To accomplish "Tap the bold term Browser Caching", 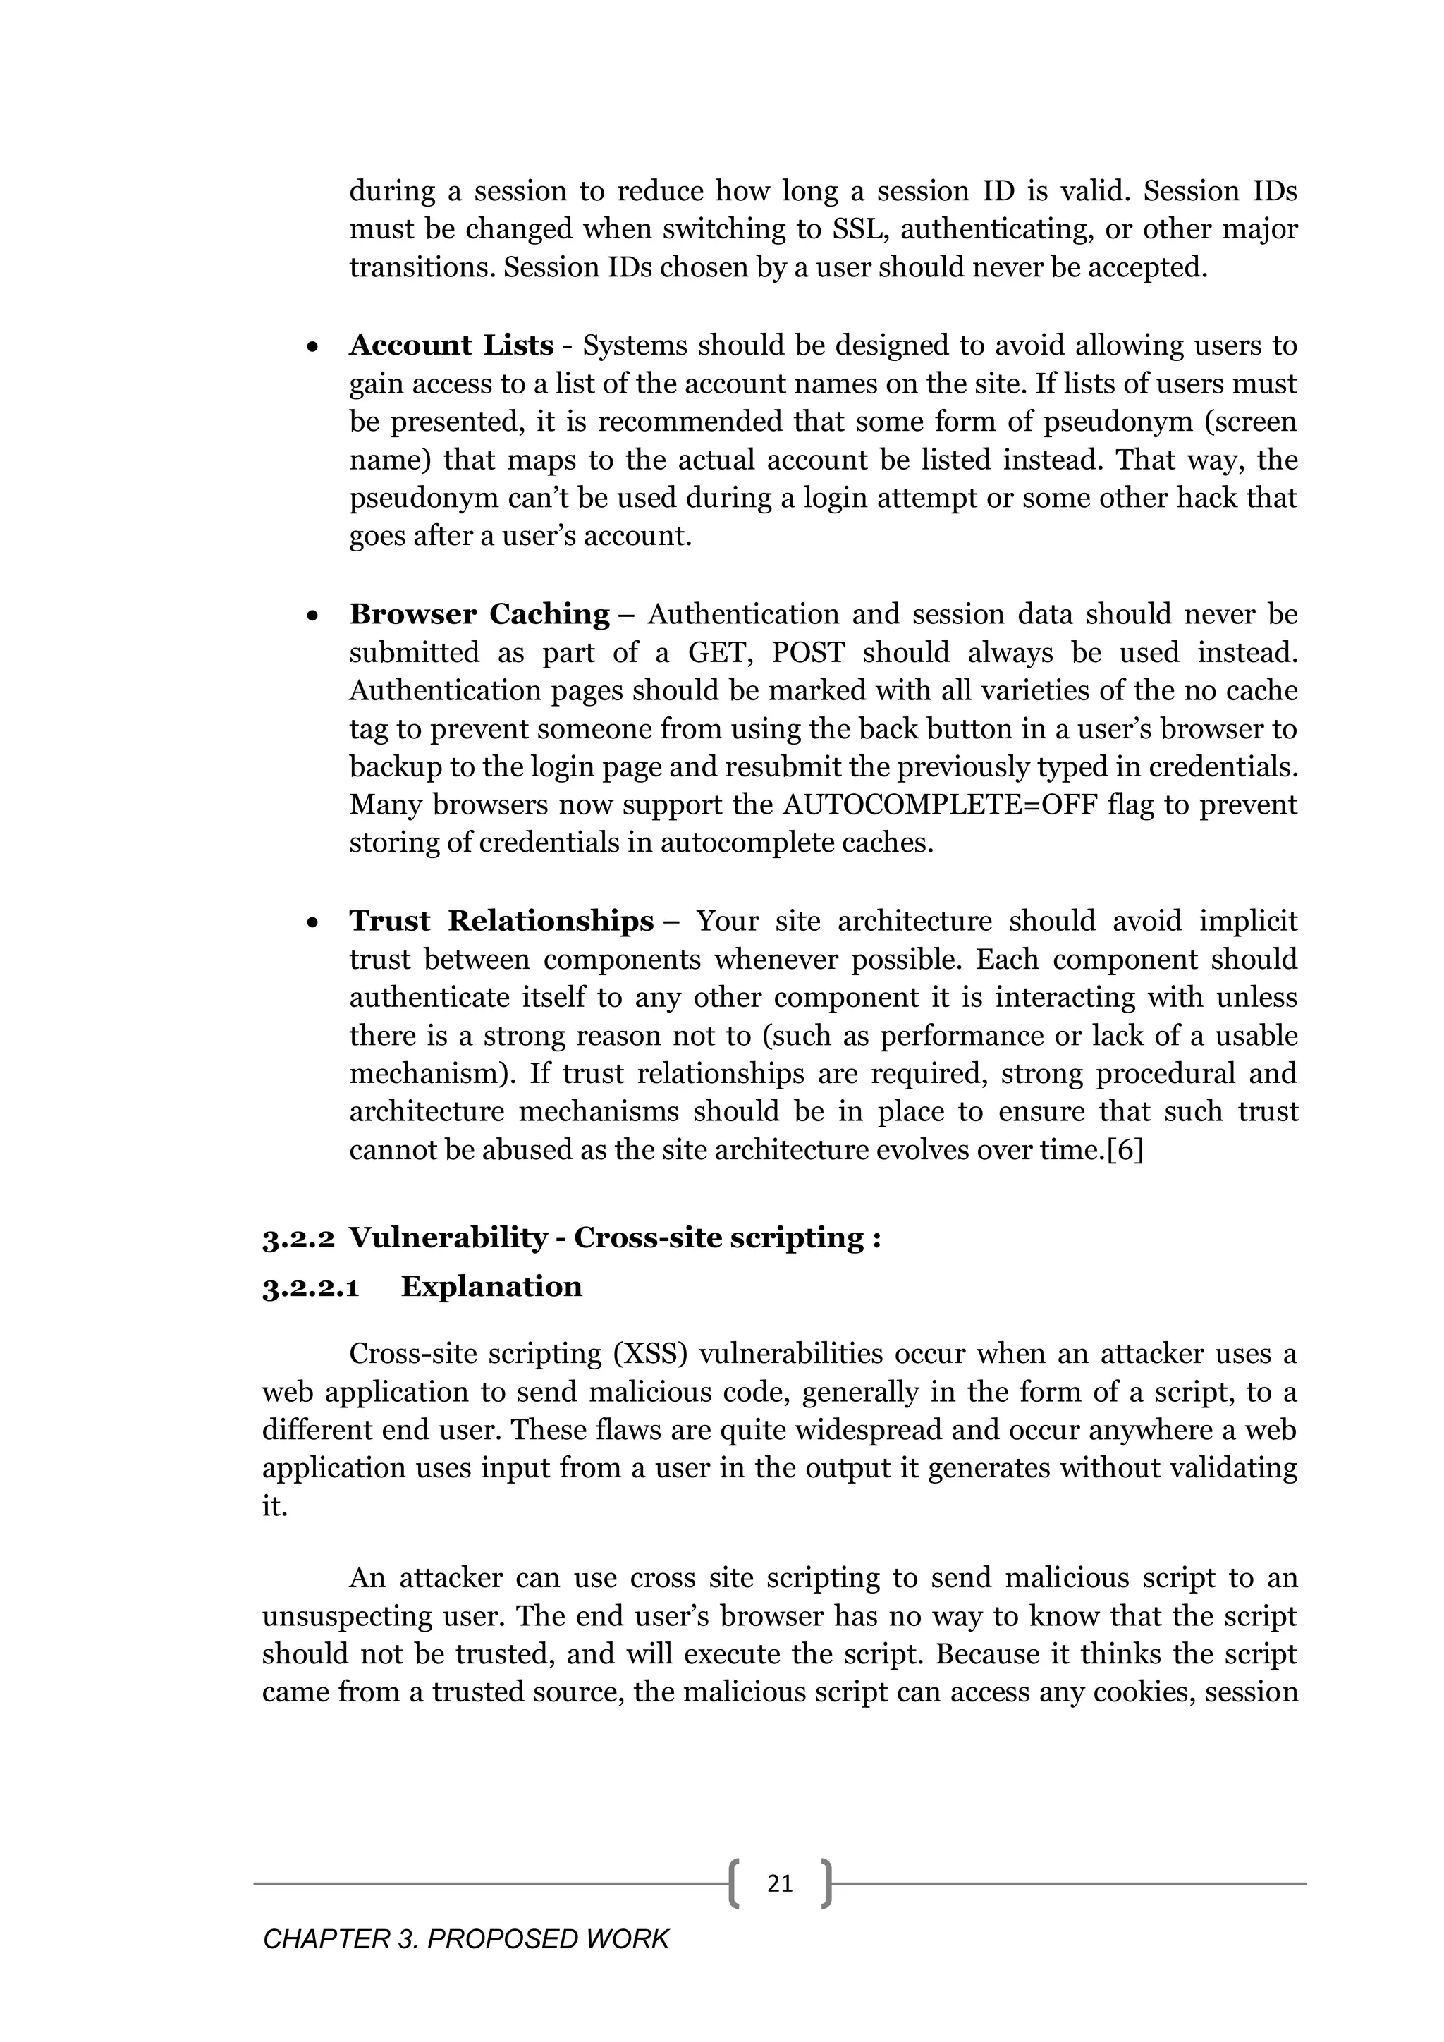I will (479, 615).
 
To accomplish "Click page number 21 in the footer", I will (780, 1883).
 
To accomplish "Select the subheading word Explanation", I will (491, 1287).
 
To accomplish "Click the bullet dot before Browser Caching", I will (312, 616).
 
